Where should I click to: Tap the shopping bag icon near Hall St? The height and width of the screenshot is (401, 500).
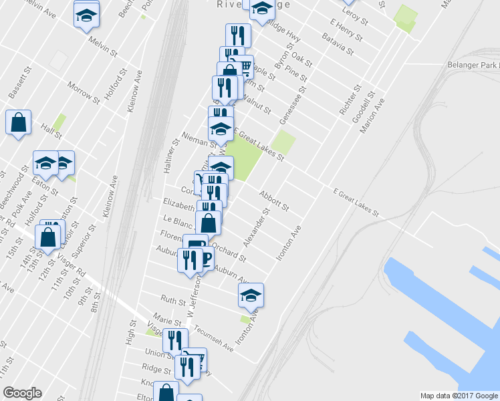click(19, 123)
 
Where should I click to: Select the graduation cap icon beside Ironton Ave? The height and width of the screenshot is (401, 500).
click(251, 295)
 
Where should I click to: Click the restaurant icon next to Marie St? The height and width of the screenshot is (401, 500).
click(174, 341)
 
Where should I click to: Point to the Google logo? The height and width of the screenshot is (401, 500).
click(22, 394)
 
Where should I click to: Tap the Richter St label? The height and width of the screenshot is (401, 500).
click(350, 98)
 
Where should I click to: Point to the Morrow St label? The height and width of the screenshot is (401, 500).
click(84, 92)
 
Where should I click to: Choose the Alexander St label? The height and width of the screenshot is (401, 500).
click(256, 227)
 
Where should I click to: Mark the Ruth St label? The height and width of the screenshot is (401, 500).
click(172, 300)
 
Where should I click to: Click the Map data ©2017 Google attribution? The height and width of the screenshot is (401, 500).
click(459, 395)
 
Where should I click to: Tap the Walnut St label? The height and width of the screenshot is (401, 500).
click(257, 105)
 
